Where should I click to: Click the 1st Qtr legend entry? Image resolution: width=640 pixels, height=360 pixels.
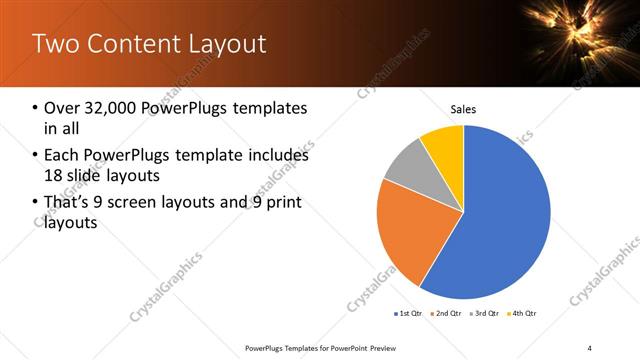(x=410, y=313)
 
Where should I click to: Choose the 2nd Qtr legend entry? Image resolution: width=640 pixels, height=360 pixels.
(x=447, y=313)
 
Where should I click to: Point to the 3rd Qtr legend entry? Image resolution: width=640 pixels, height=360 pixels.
(x=485, y=313)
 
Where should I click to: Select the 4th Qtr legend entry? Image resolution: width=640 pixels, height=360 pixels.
(x=523, y=313)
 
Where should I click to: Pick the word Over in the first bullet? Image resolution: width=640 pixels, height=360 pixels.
(x=61, y=107)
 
